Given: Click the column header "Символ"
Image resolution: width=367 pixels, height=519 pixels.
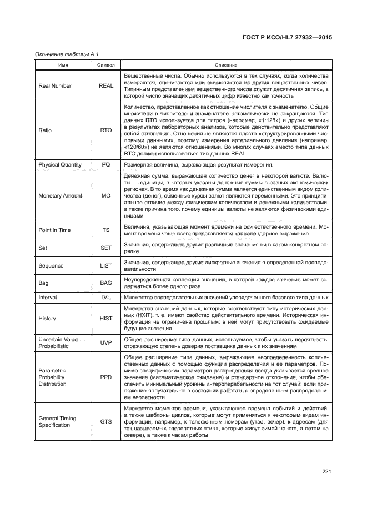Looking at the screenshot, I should pyautogui.click(x=106, y=65).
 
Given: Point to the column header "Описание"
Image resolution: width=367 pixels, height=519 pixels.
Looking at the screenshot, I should pyautogui.click(x=227, y=65).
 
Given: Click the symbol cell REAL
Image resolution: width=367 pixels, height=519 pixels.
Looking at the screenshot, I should pyautogui.click(x=106, y=85).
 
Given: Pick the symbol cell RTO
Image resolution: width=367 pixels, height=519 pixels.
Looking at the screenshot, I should pyautogui.click(x=106, y=130).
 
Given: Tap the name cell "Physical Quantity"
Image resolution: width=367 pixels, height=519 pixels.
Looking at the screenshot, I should pyautogui.click(x=60, y=165).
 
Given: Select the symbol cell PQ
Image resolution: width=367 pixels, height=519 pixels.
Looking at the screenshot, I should pyautogui.click(x=106, y=165).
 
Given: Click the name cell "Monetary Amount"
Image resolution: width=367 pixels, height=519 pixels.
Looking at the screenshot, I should pyautogui.click(x=61, y=196).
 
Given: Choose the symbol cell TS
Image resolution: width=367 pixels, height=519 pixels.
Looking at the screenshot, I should pyautogui.click(x=106, y=230).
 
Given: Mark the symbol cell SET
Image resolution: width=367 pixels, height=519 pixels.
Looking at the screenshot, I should pyautogui.click(x=106, y=248).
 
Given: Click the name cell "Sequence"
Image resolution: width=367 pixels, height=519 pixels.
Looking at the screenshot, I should pyautogui.click(x=51, y=265).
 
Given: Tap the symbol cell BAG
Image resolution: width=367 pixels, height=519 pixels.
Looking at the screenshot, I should pyautogui.click(x=106, y=283).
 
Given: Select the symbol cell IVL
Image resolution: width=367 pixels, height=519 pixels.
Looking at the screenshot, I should pyautogui.click(x=106, y=298).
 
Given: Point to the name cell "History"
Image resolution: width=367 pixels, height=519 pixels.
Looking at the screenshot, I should pyautogui.click(x=47, y=319).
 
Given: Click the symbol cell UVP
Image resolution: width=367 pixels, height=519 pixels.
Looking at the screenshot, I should pyautogui.click(x=106, y=342).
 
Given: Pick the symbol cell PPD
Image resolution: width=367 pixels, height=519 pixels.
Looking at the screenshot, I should pyautogui.click(x=106, y=376).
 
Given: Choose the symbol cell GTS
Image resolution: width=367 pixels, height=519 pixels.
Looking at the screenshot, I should pyautogui.click(x=106, y=421).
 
